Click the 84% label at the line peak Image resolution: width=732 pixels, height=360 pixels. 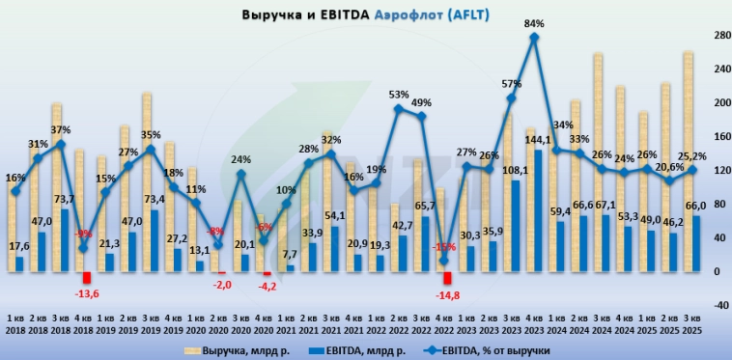pos(534,22)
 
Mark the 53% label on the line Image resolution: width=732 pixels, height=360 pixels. pos(397,95)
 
